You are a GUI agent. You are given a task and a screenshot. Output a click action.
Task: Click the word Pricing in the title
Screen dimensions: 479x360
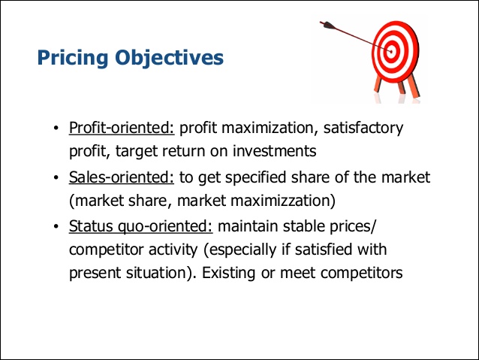tap(73, 58)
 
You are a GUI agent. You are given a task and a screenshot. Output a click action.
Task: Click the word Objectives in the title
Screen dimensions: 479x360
tap(169, 58)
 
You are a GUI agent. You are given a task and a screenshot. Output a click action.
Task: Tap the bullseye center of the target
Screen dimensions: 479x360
tap(390, 51)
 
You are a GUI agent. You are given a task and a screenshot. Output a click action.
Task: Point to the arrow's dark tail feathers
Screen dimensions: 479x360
tap(327, 25)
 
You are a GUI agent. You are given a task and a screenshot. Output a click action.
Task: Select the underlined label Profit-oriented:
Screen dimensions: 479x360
tap(122, 128)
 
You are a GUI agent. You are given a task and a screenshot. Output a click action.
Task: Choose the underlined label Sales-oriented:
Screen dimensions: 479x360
tap(122, 177)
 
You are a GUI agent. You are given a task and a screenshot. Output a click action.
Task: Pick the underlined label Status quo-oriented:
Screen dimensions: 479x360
tap(141, 227)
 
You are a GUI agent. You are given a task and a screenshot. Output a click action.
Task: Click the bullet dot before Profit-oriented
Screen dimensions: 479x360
tap(56, 129)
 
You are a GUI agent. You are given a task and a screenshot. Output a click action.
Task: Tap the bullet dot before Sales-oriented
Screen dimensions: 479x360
tap(56, 177)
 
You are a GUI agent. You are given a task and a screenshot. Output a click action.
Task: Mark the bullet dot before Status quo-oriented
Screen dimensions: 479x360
tap(56, 227)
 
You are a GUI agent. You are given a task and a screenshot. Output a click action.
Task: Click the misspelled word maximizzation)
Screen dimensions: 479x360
tap(283, 201)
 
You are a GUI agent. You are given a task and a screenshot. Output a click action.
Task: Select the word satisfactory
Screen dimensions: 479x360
tap(363, 129)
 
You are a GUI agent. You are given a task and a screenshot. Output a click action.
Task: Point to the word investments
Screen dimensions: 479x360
tap(274, 151)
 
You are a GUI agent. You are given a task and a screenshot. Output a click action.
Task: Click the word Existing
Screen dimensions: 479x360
tap(228, 273)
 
